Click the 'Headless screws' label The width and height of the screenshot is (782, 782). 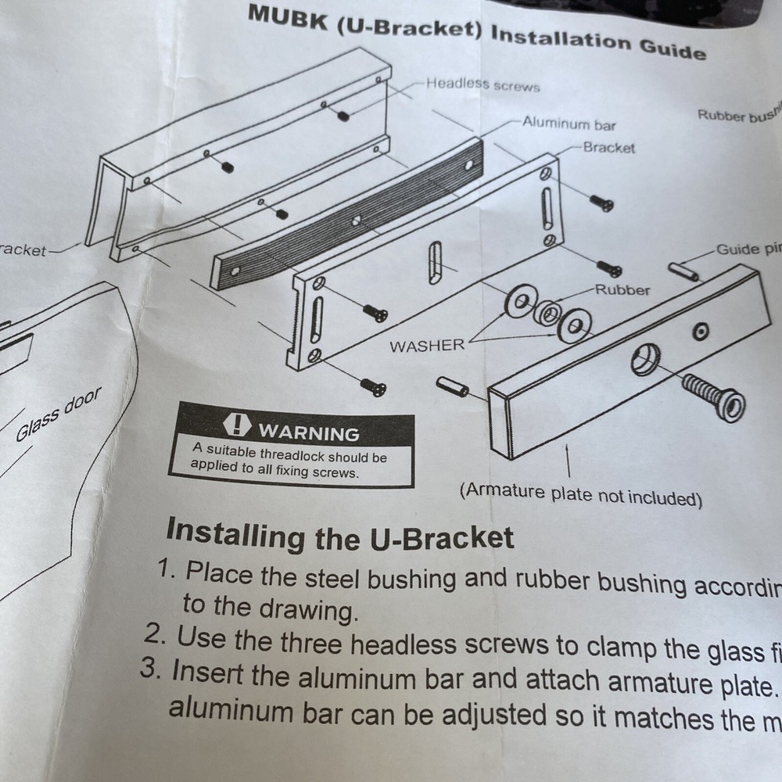coord(482,84)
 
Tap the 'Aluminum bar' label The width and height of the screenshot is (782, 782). coord(569,124)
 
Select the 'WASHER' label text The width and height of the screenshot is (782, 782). coord(427,346)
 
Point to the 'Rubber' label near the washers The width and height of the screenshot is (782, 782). coord(622,290)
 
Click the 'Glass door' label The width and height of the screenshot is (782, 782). coord(58,415)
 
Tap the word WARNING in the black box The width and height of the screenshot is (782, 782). coord(309,432)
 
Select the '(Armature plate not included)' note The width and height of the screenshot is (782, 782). coord(580,494)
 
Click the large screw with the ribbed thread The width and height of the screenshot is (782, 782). coord(712,393)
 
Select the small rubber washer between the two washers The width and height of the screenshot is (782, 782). coord(549,313)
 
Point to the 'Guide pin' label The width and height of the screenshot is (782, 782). coord(748,249)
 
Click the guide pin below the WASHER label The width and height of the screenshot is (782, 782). coord(453,386)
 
